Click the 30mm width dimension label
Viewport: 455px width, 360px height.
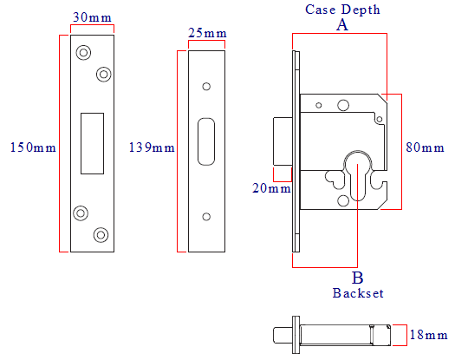coord(92,17)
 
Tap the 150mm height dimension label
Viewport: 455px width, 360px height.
coord(33,147)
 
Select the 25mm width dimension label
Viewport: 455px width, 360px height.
coord(207,33)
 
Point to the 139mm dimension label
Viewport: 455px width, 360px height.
coord(152,147)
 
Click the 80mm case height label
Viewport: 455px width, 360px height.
coord(425,147)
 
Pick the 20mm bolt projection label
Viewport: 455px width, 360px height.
coord(271,188)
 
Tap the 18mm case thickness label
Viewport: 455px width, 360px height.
coord(428,335)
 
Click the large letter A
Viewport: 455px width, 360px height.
coord(342,25)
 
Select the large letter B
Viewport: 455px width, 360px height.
coord(357,278)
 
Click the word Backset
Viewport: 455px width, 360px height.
coord(358,293)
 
